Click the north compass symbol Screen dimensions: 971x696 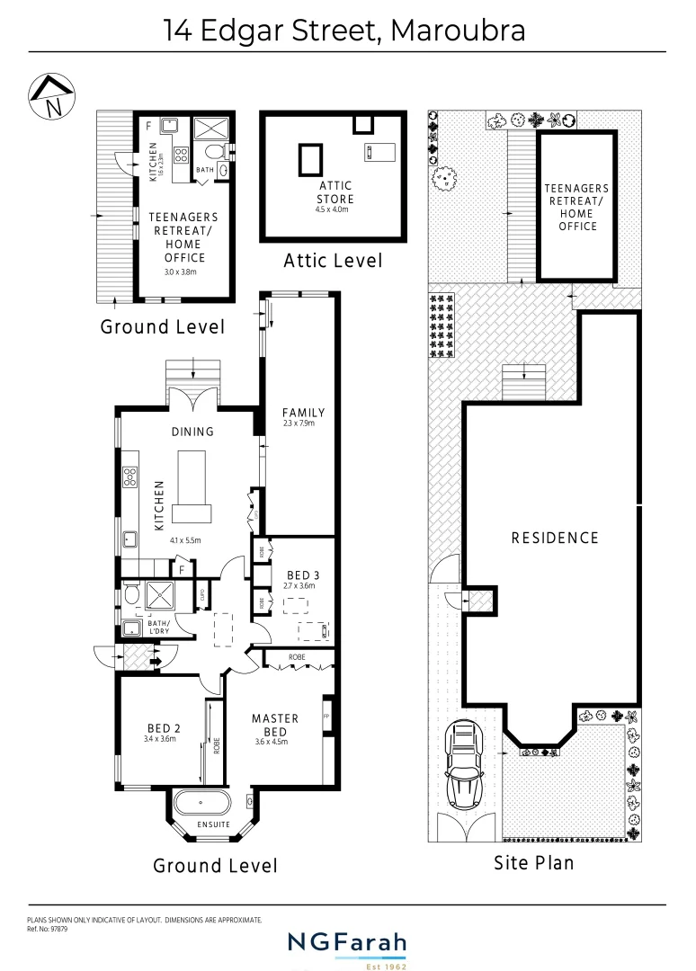coord(51,96)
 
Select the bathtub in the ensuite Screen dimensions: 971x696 coord(201,804)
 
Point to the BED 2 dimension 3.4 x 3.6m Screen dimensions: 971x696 coord(159,739)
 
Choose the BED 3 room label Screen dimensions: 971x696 coord(303,575)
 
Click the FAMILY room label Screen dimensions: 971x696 coord(303,413)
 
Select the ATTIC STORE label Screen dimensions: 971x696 coord(335,192)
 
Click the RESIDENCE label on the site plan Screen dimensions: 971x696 coord(555,538)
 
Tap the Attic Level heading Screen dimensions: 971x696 coord(333,261)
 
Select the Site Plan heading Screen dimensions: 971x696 coord(533,863)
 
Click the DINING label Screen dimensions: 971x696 coord(192,432)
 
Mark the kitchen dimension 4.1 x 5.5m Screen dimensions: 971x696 coord(185,540)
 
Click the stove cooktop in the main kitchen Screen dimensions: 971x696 coord(129,477)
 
